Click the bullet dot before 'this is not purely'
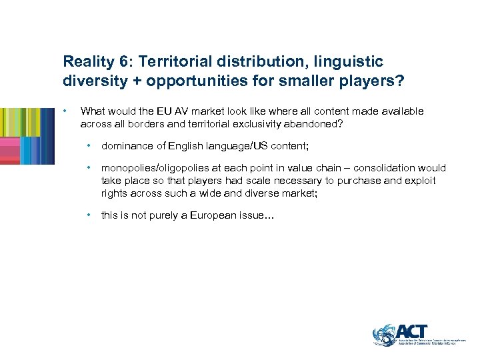point(89,215)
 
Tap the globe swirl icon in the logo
point(385,335)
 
